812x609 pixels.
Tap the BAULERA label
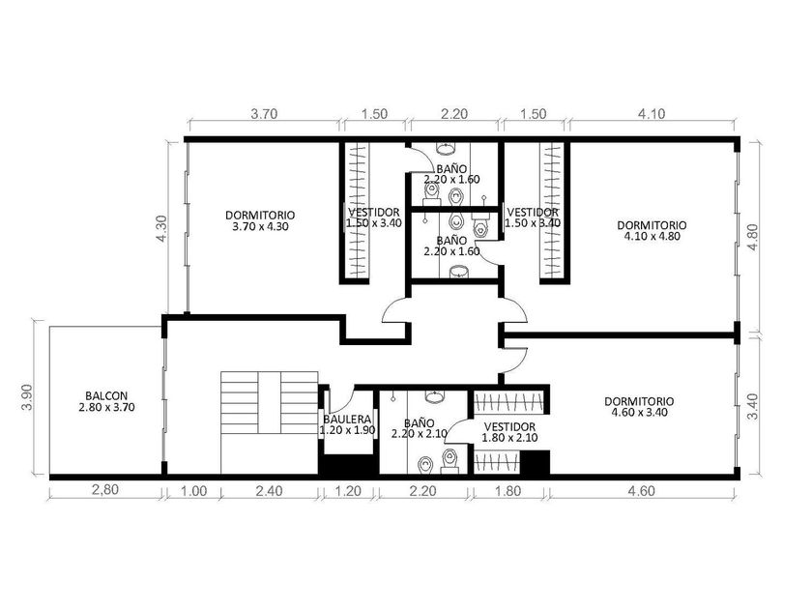[x=347, y=419]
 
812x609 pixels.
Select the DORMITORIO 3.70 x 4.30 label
[x=260, y=220]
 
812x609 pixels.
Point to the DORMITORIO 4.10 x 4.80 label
[x=652, y=231]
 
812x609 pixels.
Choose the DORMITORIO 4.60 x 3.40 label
[x=639, y=407]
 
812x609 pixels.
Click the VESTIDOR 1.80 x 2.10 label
[x=509, y=432]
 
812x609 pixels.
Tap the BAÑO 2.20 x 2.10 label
[x=420, y=429]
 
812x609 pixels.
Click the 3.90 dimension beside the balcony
[x=28, y=396]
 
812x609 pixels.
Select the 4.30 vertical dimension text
[x=161, y=228]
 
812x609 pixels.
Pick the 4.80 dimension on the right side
[x=753, y=237]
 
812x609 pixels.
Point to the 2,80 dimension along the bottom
[x=105, y=489]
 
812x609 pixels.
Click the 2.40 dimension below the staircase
[x=270, y=490]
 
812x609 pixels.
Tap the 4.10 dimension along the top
[x=652, y=113]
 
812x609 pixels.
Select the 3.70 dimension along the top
[x=264, y=113]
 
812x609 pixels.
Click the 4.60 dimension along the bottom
[x=641, y=490]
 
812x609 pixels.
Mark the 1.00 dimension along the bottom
[x=193, y=490]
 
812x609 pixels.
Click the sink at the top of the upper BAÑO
[x=446, y=149]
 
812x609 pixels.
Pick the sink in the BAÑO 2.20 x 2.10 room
[x=434, y=397]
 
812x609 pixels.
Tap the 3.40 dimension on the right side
[x=753, y=407]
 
